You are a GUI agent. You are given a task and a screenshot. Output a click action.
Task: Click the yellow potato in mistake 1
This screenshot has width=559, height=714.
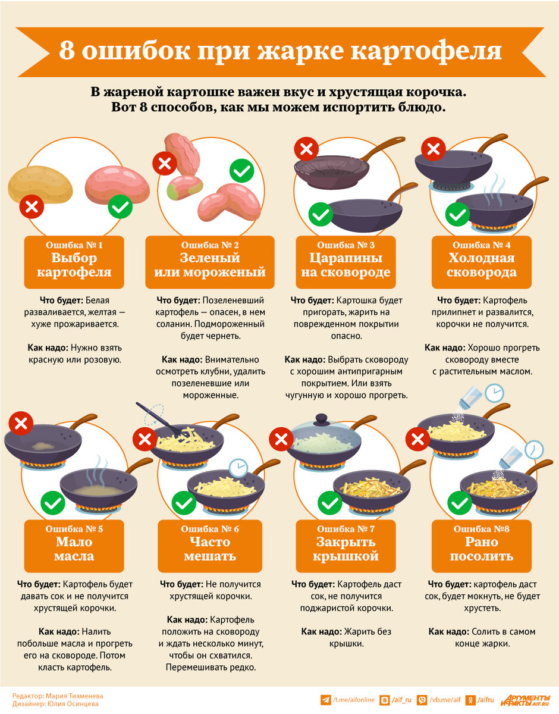point(40,184)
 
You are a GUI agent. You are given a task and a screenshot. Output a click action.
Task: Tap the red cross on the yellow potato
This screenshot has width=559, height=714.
point(32,206)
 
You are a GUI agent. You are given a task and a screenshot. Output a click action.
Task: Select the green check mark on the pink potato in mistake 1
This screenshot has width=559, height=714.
point(120,206)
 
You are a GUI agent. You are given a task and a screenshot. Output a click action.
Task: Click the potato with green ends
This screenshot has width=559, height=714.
point(185,187)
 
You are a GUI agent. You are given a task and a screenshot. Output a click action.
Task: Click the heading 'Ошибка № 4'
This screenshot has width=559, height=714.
point(481,245)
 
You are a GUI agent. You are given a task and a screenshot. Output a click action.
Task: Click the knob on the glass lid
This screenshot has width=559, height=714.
point(321,419)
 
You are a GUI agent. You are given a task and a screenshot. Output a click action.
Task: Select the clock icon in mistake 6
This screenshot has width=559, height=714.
point(238,468)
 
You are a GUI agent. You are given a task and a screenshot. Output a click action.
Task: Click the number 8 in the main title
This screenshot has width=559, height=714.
point(67,51)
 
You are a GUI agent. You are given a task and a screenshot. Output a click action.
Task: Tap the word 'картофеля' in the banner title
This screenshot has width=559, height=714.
point(426,52)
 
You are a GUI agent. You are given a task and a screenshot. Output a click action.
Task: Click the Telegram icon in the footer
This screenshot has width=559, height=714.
point(325,700)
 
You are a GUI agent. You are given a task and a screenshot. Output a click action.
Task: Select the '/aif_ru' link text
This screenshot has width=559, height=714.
point(401,700)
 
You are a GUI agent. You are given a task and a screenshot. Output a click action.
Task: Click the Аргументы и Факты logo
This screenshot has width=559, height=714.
point(525,700)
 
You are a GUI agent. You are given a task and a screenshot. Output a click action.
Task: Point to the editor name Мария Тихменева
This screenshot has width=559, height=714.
point(74,696)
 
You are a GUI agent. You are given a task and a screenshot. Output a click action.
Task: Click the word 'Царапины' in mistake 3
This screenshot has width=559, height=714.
point(346,258)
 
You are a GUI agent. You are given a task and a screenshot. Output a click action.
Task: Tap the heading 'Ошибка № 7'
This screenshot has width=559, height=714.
point(346,529)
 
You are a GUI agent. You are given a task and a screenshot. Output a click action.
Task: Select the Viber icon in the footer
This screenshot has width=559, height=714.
point(422,700)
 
